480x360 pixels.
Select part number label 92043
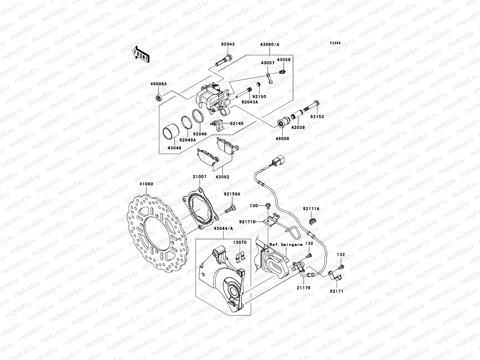(228, 44)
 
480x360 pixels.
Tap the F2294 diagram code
(336, 43)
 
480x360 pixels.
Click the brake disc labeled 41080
(157, 231)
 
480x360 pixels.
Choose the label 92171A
(311, 208)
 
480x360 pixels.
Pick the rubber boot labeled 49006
(282, 123)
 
